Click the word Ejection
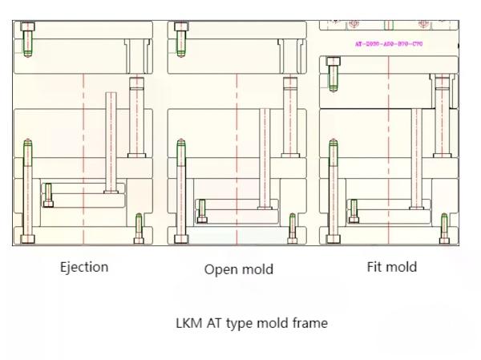coord(83,267)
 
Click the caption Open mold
coord(238,269)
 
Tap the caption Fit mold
coord(391,267)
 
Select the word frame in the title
coord(310,323)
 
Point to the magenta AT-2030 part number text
coord(388,44)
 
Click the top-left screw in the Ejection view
coord(28,39)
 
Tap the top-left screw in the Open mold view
coord(182,39)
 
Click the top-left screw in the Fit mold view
coord(333,73)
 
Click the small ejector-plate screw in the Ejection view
coord(48,195)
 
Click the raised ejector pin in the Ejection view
coord(111,140)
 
